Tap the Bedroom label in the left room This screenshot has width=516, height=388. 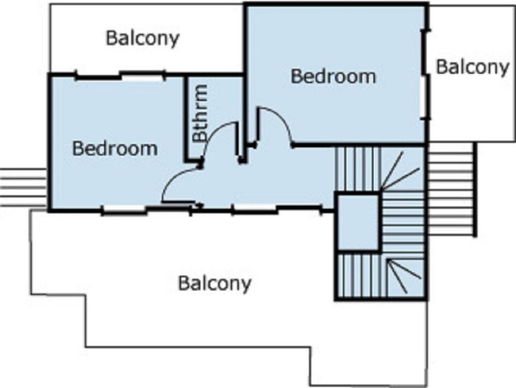tap(115, 148)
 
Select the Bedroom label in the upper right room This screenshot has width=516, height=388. tap(334, 76)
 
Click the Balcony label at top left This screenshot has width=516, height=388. tap(143, 38)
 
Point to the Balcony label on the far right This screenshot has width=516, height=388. tap(472, 68)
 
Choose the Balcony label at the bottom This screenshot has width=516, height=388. tap(215, 284)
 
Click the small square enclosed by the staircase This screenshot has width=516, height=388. tap(358, 222)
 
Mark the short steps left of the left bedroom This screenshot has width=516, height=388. tap(23, 188)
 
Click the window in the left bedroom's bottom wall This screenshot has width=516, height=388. tap(124, 209)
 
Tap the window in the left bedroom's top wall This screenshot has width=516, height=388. tap(142, 76)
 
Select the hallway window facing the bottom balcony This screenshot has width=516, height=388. tap(254, 209)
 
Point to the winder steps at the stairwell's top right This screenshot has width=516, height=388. tap(402, 170)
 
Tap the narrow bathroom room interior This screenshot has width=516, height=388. tap(214, 99)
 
